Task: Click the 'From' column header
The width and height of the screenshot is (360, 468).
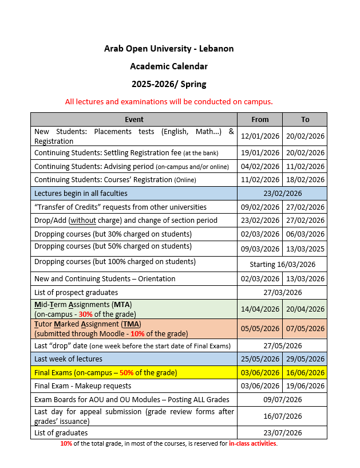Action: pos(260,119)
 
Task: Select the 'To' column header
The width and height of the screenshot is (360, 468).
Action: pos(305,119)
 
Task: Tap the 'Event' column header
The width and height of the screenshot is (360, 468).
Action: pos(134,119)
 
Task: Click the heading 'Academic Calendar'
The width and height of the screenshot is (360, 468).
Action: pos(168,66)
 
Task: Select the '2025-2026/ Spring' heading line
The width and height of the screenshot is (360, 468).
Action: pos(168,84)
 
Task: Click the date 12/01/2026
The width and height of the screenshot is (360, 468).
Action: pos(260,136)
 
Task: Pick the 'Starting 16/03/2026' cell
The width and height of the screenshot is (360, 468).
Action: pos(282,264)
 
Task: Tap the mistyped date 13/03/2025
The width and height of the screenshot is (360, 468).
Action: pos(305,249)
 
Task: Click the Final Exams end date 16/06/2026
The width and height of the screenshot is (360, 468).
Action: pos(305,372)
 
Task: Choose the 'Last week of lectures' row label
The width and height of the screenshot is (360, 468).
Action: pos(68,359)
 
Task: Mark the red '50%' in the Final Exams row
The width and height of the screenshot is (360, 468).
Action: pos(127,372)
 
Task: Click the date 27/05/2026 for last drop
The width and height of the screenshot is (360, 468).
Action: pos(282,345)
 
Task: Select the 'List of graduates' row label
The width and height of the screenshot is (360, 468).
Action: pos(61,432)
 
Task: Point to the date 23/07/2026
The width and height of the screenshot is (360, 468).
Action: pos(282,432)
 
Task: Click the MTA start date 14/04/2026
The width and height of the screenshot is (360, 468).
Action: pos(260,309)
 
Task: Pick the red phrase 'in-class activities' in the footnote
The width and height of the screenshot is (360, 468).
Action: pos(252,444)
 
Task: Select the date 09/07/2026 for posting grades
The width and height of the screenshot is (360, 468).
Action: pos(282,399)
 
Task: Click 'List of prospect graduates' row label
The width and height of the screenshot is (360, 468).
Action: pos(77,292)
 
